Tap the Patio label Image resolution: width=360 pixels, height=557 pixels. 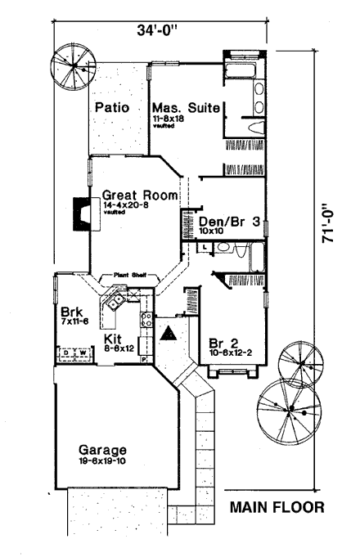pyautogui.click(x=110, y=108)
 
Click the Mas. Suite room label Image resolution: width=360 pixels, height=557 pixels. pyautogui.click(x=182, y=108)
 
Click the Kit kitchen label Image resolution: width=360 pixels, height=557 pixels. pyautogui.click(x=114, y=338)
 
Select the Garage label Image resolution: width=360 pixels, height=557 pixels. pyautogui.click(x=103, y=450)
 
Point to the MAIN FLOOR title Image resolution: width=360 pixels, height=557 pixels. pyautogui.click(x=277, y=507)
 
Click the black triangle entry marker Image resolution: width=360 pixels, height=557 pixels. pyautogui.click(x=169, y=333)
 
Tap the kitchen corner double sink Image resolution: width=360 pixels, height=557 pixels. pyautogui.click(x=112, y=307)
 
